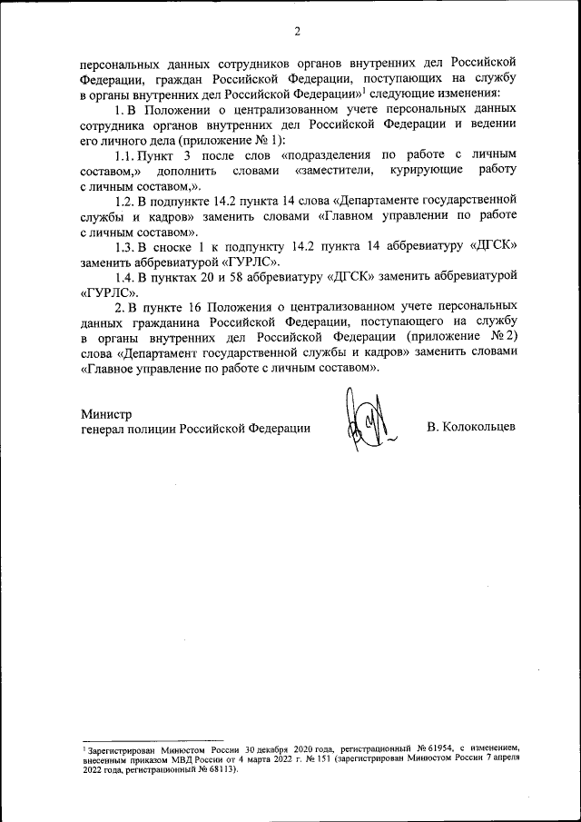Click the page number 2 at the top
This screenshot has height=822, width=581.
point(297,34)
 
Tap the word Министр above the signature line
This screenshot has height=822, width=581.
point(106,413)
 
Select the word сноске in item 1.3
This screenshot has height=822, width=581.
point(180,246)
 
